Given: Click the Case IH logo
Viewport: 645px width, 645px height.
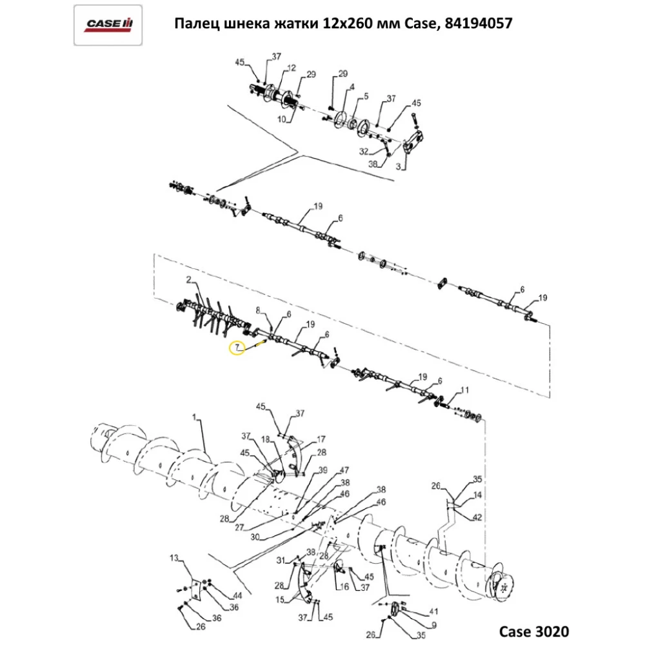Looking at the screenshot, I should pos(108,25).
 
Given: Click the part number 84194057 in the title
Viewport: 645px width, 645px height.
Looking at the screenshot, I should pos(478,25).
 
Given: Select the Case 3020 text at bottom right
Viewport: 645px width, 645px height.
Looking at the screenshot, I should pos(535,630).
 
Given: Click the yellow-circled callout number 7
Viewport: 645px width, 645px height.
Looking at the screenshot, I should pos(237,348).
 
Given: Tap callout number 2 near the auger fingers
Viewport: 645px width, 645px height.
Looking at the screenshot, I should pos(189,280).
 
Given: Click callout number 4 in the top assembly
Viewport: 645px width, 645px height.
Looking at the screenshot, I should pos(352,87).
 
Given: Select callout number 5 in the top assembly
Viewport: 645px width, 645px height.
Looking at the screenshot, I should pos(366,97).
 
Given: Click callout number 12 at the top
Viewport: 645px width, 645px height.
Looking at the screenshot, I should pos(292,68).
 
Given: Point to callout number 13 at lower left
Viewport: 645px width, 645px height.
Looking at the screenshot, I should pos(174,557).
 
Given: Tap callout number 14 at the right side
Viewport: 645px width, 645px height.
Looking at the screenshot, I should pos(477,496).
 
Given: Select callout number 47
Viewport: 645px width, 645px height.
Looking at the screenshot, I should pos(344,470).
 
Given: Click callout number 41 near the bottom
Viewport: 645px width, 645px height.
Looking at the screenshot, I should pos(433,611).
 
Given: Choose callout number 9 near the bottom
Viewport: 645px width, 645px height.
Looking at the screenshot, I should pos(433,624).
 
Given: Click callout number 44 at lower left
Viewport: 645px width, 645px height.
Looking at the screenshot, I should pos(238,595).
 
